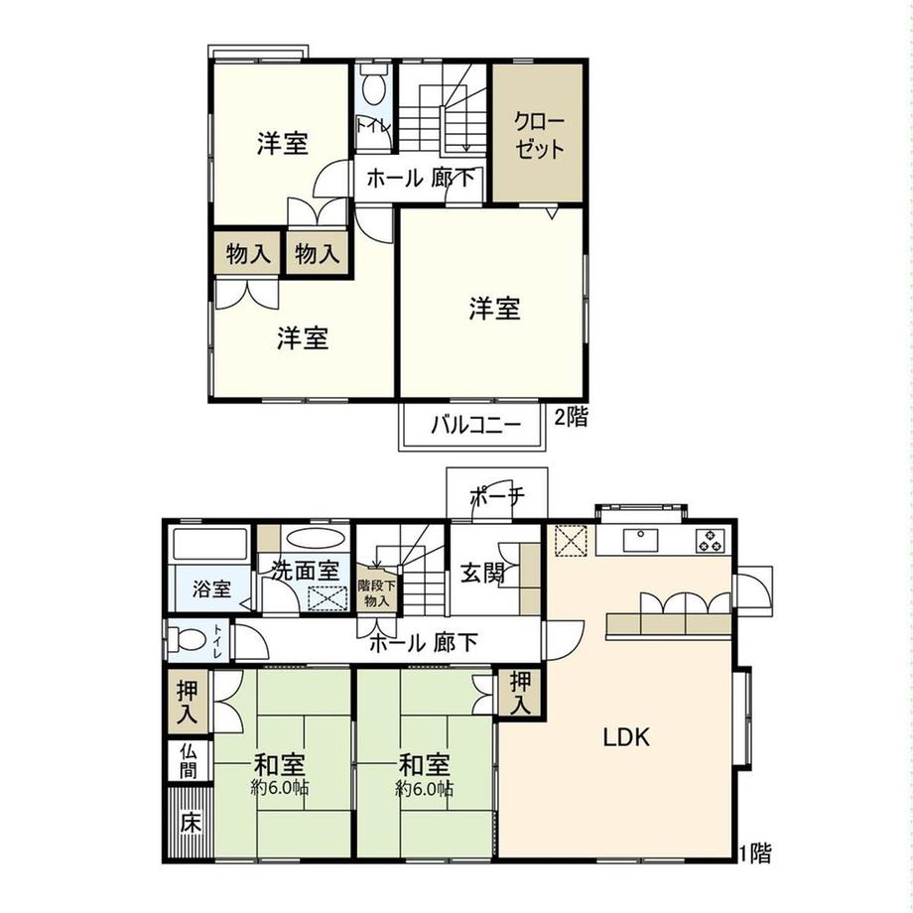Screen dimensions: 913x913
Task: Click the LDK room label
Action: coord(626,737)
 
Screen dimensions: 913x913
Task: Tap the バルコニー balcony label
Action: coord(475,426)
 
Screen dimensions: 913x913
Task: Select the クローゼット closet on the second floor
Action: coord(538,133)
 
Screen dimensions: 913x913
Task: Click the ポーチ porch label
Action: coord(496,496)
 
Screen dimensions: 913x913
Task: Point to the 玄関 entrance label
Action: coord(482,574)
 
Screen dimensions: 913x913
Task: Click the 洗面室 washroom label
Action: coord(305,570)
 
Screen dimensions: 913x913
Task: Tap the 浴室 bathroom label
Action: coord(212,589)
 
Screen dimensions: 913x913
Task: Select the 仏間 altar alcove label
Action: coord(189,760)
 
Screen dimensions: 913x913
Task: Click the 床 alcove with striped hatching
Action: coord(190,822)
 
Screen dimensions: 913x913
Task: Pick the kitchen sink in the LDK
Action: coord(641,539)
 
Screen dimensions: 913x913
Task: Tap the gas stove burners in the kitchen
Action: coord(711,540)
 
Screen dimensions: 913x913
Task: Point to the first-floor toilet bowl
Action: coord(186,641)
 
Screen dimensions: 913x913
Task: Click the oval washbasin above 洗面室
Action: coord(315,537)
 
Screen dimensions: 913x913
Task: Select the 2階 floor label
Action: coord(571,417)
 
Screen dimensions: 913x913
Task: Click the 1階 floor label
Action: coord(755,853)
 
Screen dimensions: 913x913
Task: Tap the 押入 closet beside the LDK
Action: coord(520,693)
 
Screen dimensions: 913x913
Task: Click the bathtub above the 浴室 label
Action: coord(210,544)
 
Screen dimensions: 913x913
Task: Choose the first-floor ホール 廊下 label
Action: coord(424,643)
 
